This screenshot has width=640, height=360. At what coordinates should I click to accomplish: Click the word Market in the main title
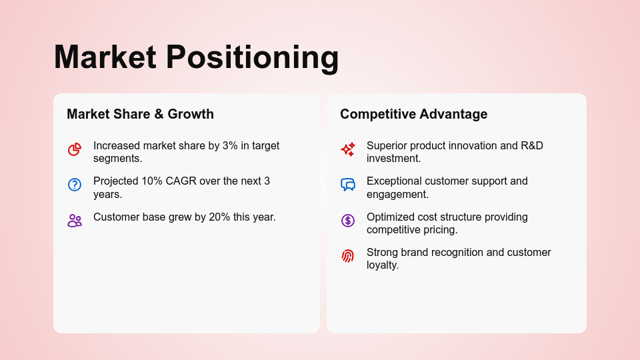pos(105,57)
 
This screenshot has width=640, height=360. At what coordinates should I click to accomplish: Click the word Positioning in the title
pos(252,59)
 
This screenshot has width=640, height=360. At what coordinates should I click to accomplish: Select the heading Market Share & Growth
pos(141,114)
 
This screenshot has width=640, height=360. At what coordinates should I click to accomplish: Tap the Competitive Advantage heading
pos(413,114)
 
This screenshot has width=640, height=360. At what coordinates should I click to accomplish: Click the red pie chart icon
pos(75,149)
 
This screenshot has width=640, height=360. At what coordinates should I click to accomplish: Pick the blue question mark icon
pos(75,185)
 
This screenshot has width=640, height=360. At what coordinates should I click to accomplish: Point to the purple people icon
pos(75,221)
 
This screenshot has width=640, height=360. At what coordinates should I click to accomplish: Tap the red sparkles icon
pos(348,149)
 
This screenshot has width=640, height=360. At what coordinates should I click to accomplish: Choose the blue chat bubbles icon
pos(348,185)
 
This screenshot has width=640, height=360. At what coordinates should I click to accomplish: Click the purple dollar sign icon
pos(348,221)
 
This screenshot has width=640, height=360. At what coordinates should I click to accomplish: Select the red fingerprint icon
pos(348,256)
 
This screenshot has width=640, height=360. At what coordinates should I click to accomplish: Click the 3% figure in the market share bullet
pos(230,146)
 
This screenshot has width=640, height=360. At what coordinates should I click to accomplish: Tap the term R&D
pos(532,146)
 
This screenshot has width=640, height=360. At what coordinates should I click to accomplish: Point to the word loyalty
pos(383,265)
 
